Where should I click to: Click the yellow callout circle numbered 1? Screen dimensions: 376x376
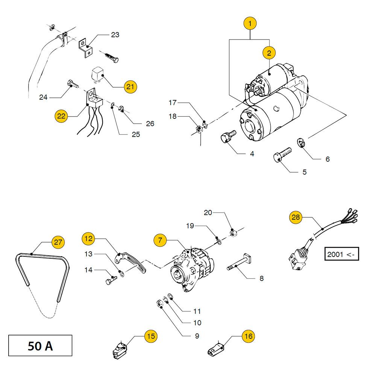click(250, 23)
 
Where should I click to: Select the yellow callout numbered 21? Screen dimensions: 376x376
click(130, 86)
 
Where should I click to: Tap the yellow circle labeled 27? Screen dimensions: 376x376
click(58, 242)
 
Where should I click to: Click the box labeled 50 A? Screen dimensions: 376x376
click(40, 346)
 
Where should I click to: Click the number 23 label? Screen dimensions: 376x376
click(115, 35)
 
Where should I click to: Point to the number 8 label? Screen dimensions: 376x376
click(261, 279)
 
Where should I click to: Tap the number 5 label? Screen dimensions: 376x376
click(304, 172)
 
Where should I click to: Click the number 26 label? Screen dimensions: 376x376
click(150, 123)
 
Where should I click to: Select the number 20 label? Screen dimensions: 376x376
click(208, 212)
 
